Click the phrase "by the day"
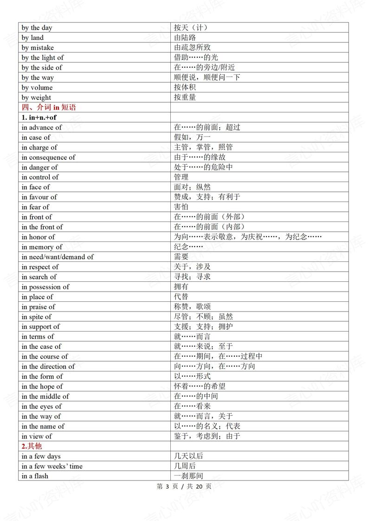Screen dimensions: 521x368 tap(37, 28)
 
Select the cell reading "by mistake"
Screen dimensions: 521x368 tap(38, 48)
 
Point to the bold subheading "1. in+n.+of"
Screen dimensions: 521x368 tap(39, 117)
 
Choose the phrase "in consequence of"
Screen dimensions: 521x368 tap(48, 157)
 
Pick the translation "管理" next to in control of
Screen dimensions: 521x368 tap(181, 177)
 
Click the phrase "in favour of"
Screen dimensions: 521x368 tap(39, 197)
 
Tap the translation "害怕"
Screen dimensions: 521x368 tap(181, 207)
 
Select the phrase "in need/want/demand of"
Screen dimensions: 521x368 tap(58, 257)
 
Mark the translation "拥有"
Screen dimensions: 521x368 tap(181, 287)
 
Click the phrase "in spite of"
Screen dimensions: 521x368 tap(36, 317)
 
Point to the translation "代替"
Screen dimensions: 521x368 tap(181, 297)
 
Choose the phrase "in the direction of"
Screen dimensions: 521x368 tap(48, 367)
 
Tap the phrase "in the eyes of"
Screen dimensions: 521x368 tap(41, 407)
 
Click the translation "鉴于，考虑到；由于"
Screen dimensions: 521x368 tap(207, 436)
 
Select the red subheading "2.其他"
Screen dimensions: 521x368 tap(32, 446)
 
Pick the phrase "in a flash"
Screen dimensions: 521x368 tap(35, 476)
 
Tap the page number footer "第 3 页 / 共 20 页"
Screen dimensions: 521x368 tap(184, 487)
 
